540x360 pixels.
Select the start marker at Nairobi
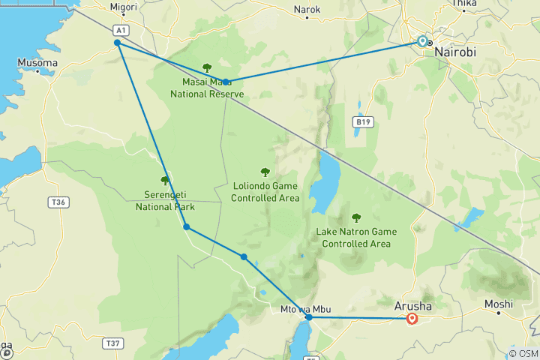tap(423, 41)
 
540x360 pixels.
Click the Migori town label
tap(124, 7)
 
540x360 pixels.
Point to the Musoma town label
tap(38, 62)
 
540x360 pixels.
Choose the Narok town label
tap(307, 10)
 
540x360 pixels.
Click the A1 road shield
tap(120, 29)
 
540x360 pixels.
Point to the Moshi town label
tap(498, 304)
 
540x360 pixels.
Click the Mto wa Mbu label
tap(305, 308)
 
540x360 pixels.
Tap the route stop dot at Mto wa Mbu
tap(309, 317)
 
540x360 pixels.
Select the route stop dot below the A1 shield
tap(118, 43)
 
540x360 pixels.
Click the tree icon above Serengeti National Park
tap(165, 180)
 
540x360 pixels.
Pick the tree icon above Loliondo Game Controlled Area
tap(264, 172)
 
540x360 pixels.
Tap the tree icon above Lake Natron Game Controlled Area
tap(355, 217)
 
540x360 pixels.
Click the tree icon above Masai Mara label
tap(207, 67)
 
